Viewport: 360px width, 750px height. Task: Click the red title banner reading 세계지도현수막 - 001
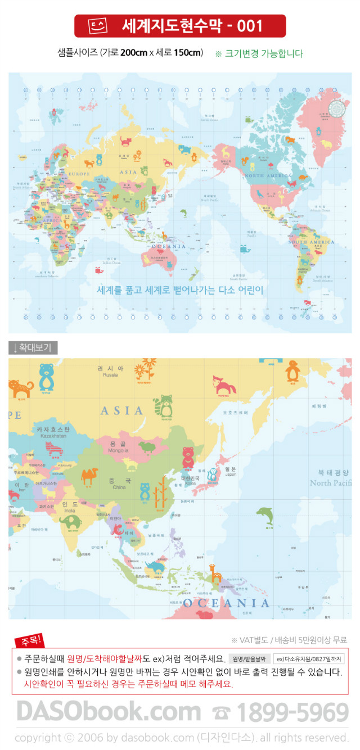pos(180,26)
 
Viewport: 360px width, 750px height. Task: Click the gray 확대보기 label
pos(33,348)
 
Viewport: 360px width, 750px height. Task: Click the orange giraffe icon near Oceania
pos(215,573)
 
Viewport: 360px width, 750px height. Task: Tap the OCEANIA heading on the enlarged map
pos(226,603)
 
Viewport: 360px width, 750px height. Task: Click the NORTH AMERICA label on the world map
pos(269,176)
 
